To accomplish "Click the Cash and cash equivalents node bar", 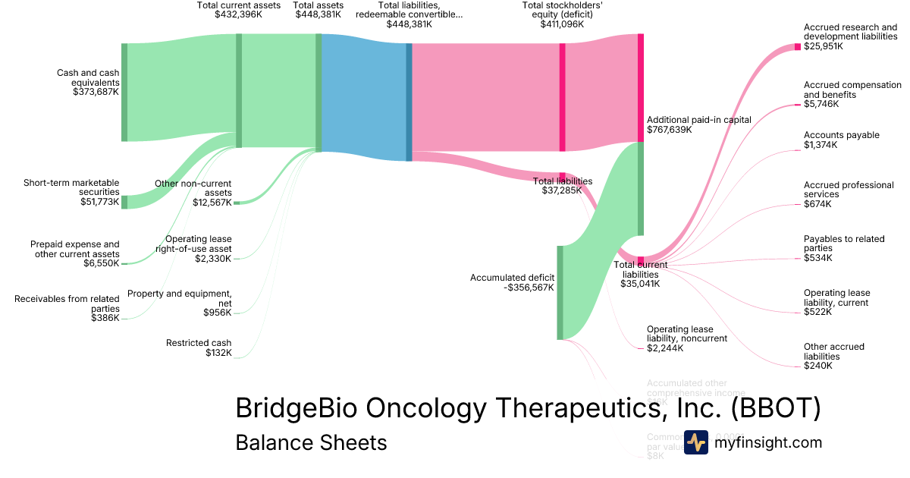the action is [x=124, y=92].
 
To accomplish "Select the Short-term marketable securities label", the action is [x=72, y=187].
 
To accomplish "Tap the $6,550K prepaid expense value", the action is [x=102, y=263].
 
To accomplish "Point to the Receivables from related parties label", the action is [x=67, y=303].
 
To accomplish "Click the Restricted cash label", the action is [x=199, y=343].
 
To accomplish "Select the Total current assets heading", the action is [x=238, y=5].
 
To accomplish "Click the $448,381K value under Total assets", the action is [x=317, y=14].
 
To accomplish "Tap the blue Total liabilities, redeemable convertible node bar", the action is [x=409, y=102].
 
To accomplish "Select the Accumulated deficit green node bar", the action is [x=560, y=292].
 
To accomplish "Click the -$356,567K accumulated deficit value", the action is [x=528, y=288].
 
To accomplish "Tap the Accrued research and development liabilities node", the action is [x=798, y=47].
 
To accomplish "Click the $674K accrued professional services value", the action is [x=817, y=204].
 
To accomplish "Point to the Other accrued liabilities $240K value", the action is [x=817, y=366].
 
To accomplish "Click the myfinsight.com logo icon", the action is [x=696, y=442].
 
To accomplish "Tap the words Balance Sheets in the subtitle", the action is [x=311, y=442].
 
